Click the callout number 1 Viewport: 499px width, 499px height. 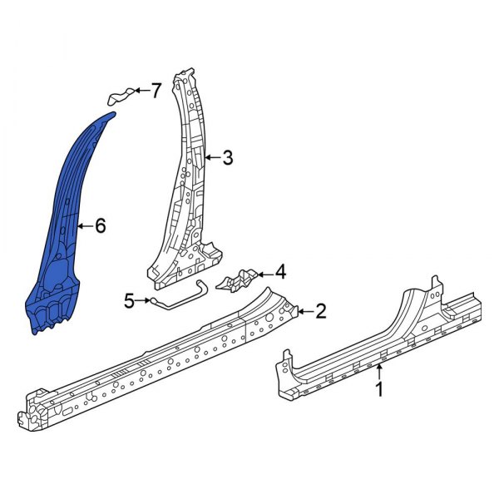click(x=380, y=388)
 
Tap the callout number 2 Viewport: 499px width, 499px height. click(x=320, y=312)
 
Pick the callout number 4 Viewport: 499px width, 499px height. click(x=280, y=271)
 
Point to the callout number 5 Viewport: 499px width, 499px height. click(x=130, y=300)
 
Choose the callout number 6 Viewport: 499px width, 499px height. click(x=101, y=225)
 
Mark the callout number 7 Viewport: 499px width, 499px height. click(x=156, y=91)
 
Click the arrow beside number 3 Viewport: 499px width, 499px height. click(x=212, y=156)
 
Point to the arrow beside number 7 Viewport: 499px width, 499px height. click(x=141, y=91)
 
